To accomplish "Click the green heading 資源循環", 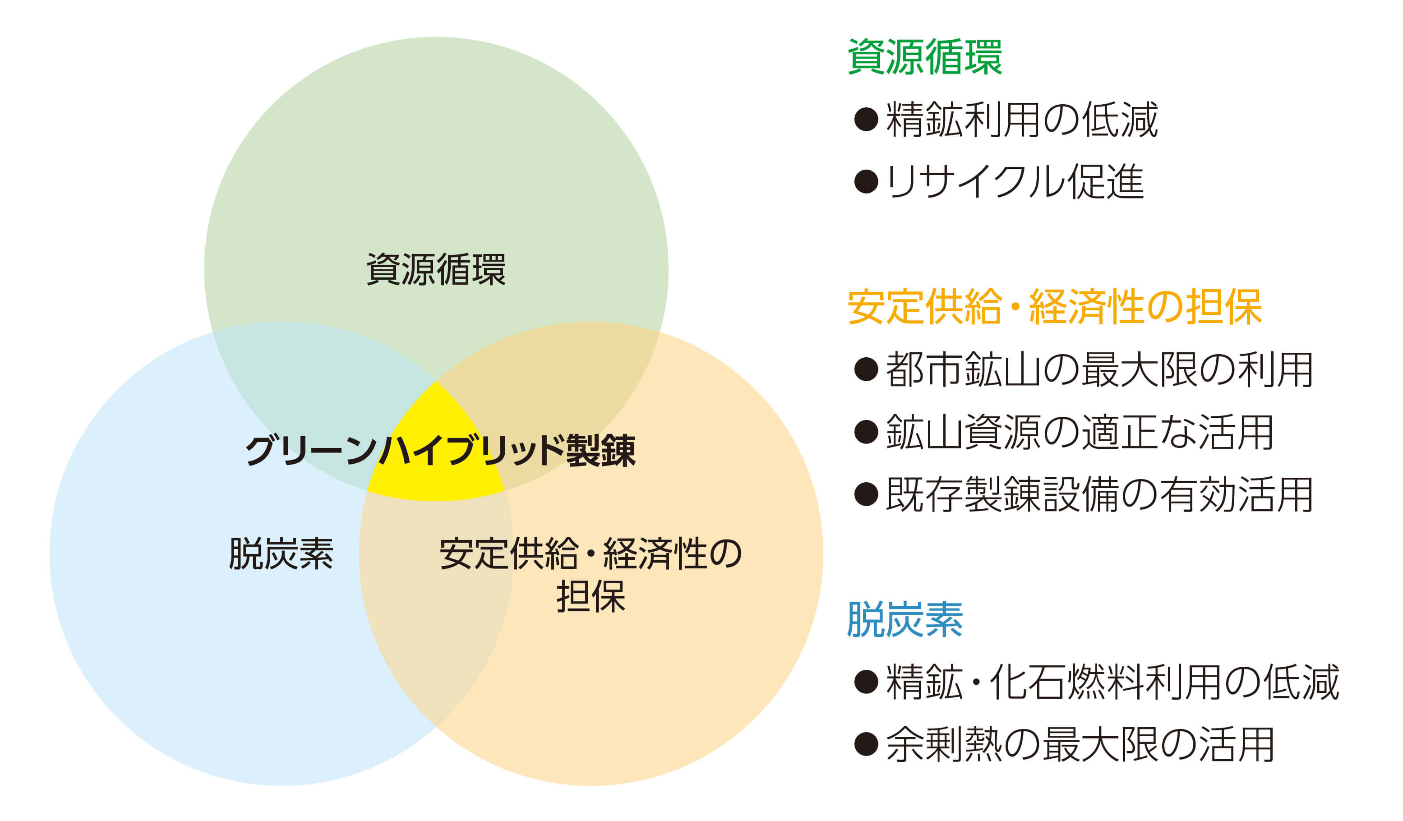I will [x=924, y=57].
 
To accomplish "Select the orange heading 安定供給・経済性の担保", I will [x=1054, y=307].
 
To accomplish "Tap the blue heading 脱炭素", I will [x=905, y=619].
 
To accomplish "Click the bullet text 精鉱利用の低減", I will [x=1022, y=120].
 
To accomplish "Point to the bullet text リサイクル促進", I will [x=1015, y=182].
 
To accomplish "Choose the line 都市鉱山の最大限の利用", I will [x=1099, y=369].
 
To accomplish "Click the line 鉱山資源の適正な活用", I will [x=1080, y=433].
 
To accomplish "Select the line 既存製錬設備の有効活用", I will [x=1099, y=494].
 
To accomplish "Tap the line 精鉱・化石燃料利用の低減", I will [x=1112, y=683].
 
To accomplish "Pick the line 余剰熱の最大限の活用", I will [x=1080, y=745].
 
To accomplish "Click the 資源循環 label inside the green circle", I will [x=436, y=270].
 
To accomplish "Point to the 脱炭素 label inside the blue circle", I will [x=281, y=554].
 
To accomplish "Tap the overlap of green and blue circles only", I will [x=312, y=390].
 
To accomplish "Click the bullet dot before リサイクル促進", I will [x=866, y=182].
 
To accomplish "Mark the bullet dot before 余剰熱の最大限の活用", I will [x=866, y=745].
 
